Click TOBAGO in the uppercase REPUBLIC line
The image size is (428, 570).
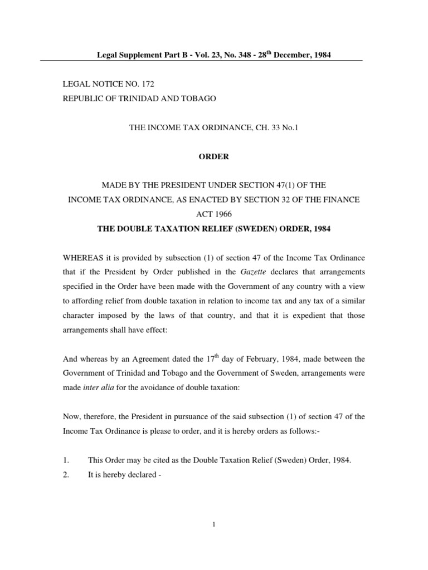pos(197,99)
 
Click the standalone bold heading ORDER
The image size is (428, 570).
pos(214,156)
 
